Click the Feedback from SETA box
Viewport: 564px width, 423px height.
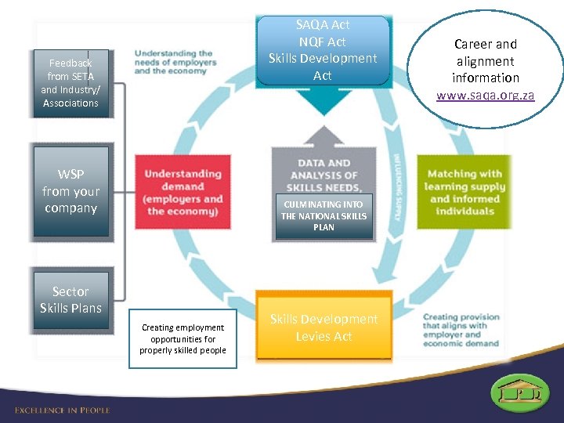(x=70, y=83)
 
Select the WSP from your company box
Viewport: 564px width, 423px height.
(x=70, y=191)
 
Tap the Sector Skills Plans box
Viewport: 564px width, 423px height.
(x=70, y=300)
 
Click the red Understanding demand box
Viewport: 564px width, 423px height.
(x=183, y=192)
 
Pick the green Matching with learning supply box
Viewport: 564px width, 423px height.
(x=464, y=192)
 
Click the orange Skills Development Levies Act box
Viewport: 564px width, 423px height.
(x=324, y=327)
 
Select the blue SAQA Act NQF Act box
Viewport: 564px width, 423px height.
(x=323, y=50)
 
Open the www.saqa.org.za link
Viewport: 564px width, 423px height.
(x=486, y=96)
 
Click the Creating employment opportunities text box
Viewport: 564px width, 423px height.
(x=183, y=339)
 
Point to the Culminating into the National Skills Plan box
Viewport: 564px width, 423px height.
(x=324, y=215)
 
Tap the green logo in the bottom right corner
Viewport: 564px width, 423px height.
(x=519, y=392)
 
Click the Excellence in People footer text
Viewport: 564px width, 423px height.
(x=63, y=410)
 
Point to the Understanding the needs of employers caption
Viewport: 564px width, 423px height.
(x=175, y=62)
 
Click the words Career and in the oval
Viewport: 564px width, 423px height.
(x=486, y=44)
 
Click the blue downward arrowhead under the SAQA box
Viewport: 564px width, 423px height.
(x=323, y=102)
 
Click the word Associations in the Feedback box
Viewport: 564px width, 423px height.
(x=70, y=103)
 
